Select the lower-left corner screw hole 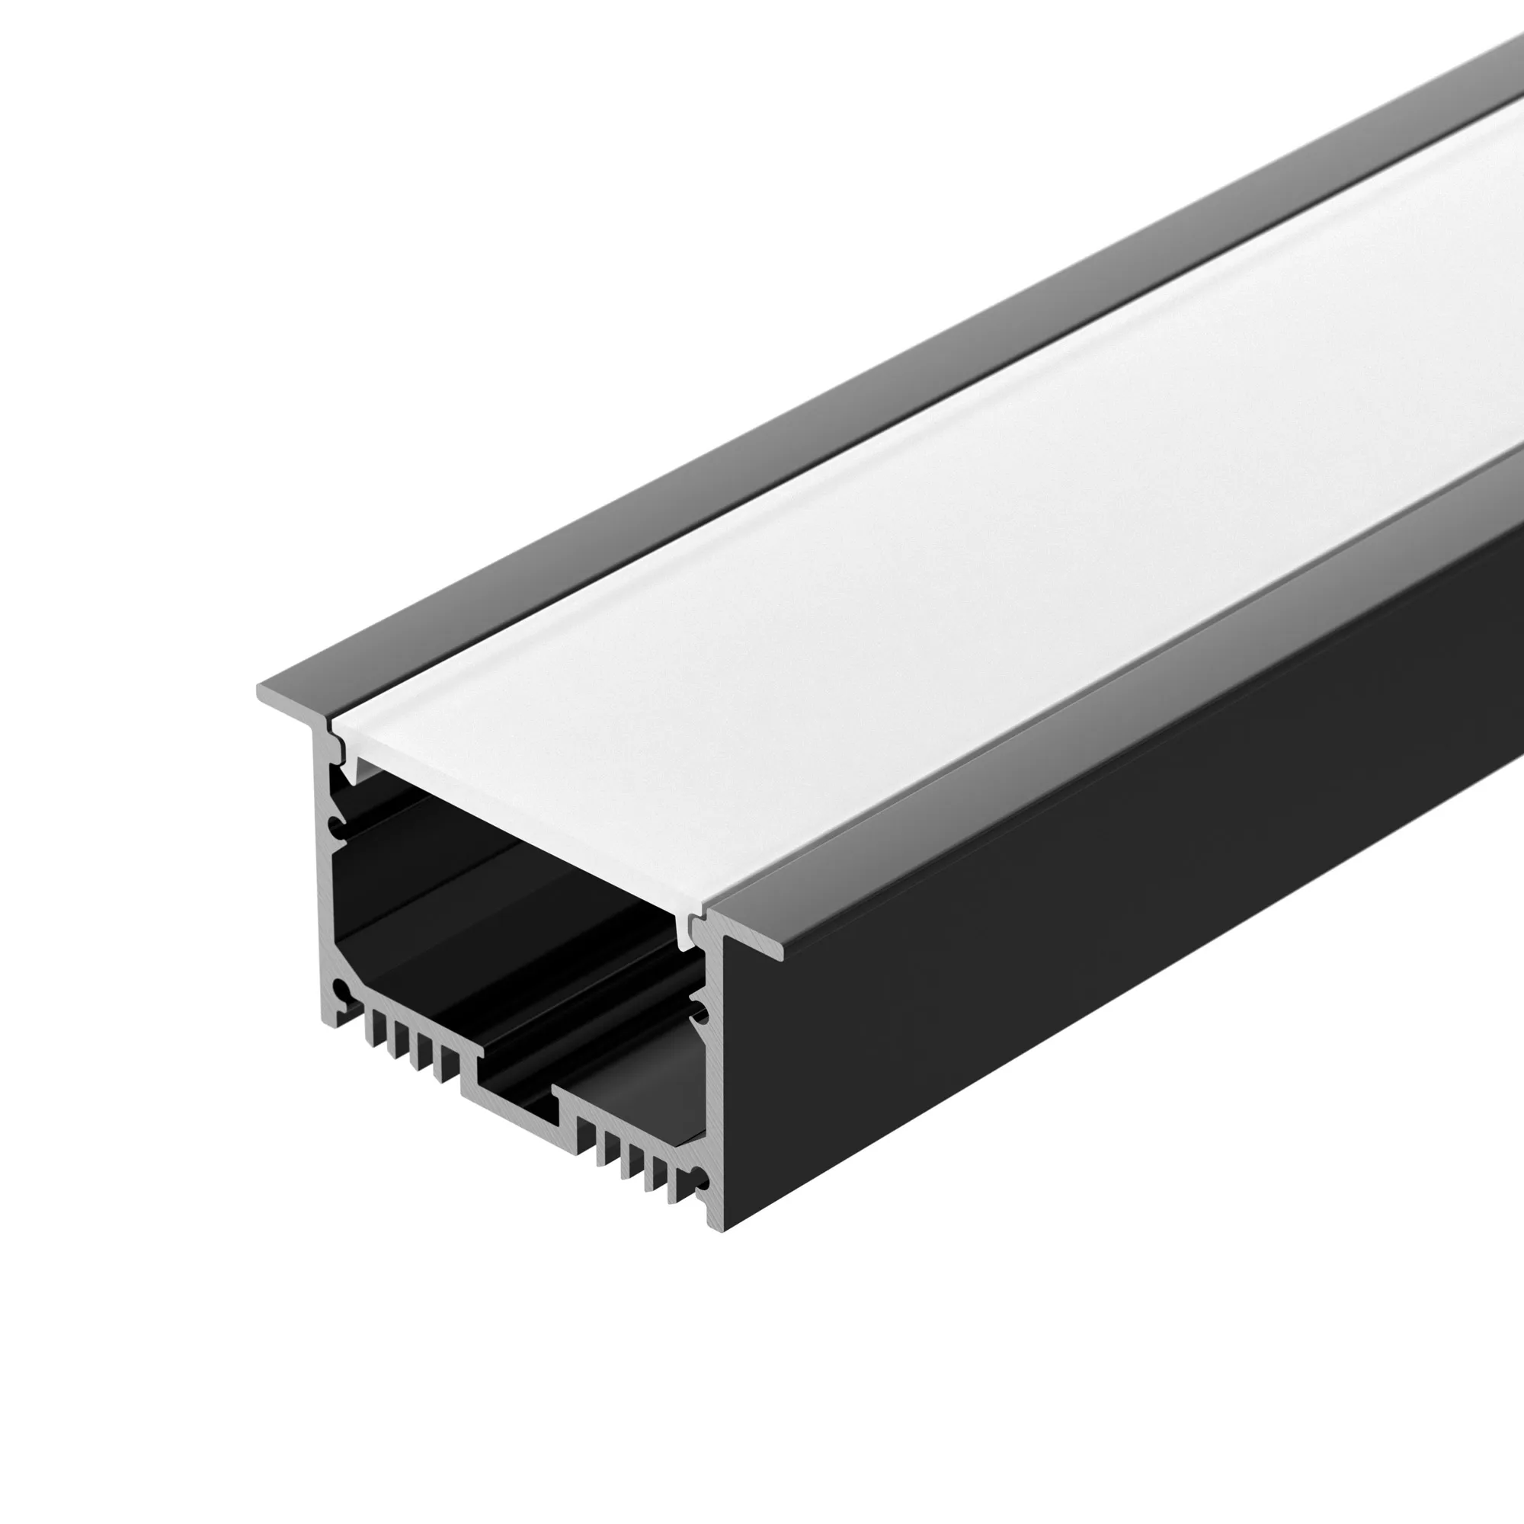pyautogui.click(x=340, y=991)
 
